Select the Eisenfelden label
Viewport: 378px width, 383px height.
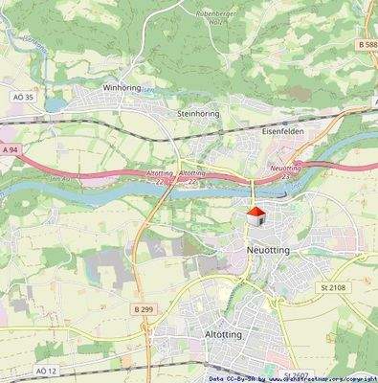(282, 131)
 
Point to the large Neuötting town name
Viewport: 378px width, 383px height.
(260, 248)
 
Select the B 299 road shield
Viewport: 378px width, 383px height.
(144, 309)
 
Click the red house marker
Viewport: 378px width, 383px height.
(256, 216)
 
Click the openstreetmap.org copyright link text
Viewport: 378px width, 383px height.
(317, 378)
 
